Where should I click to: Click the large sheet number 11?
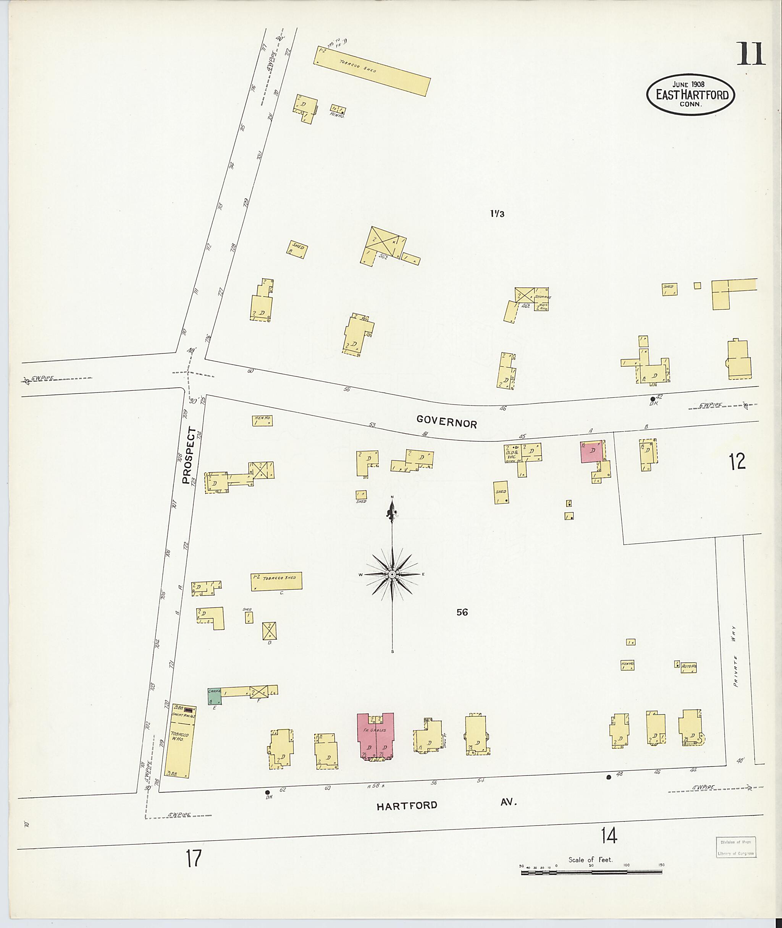tap(751, 54)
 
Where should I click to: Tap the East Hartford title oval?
tap(690, 94)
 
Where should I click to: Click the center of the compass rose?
tap(392, 575)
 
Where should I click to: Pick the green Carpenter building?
tap(214, 696)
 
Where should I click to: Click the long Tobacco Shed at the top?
tap(372, 71)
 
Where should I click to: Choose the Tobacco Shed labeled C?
tap(276, 581)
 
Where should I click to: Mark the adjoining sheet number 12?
tap(737, 462)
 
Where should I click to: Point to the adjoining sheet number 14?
tap(609, 836)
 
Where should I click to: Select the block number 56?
tap(462, 612)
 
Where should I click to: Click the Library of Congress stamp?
tap(735, 848)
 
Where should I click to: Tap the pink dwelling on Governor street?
tap(591, 452)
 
